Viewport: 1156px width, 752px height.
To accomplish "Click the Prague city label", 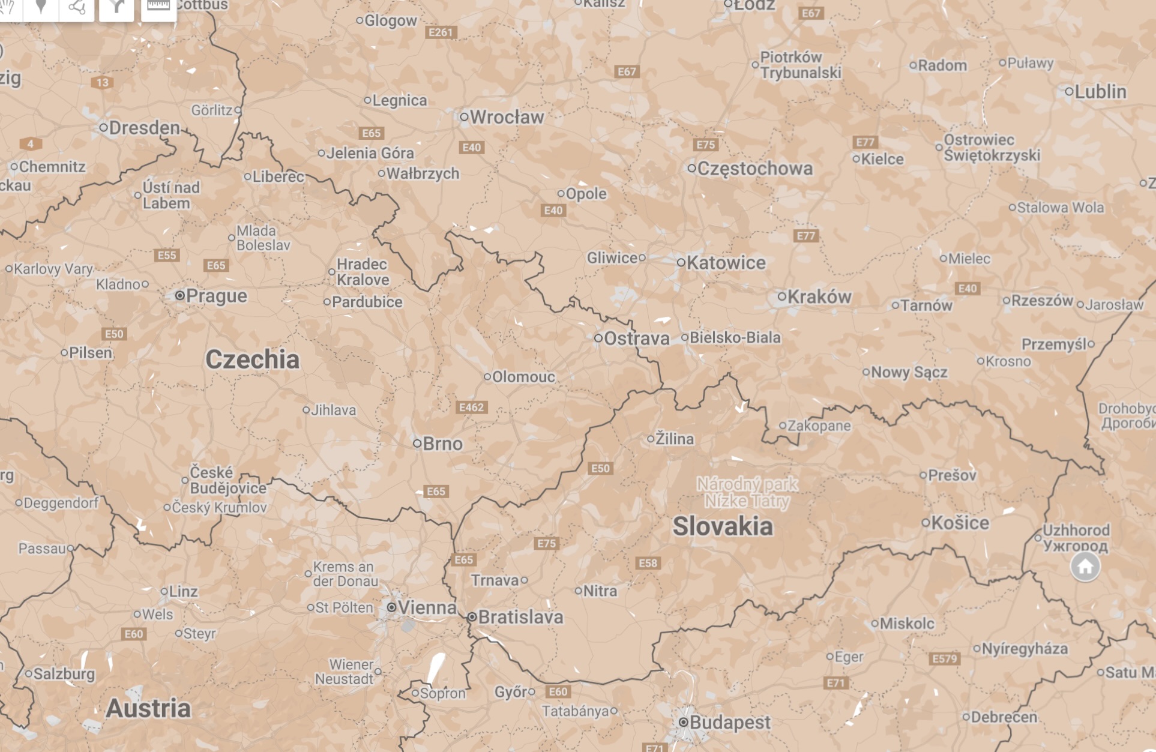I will click(x=216, y=296).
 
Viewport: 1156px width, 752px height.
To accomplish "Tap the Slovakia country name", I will click(x=722, y=526).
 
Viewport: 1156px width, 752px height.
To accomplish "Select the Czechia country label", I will click(x=252, y=359).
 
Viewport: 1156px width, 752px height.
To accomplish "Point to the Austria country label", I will click(x=148, y=708).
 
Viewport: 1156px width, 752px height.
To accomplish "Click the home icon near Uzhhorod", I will click(x=1085, y=567).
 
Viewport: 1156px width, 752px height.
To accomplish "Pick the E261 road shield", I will click(x=441, y=32).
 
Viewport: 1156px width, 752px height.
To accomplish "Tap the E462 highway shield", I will click(x=471, y=408).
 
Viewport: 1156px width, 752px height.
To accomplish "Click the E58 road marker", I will click(x=648, y=563).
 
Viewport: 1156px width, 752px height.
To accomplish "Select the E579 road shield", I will click(x=944, y=659).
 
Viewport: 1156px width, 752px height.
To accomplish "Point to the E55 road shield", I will click(x=167, y=256).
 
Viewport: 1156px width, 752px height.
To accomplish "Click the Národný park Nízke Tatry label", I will click(x=747, y=492).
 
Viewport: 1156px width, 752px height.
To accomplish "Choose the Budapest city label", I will click(x=729, y=722).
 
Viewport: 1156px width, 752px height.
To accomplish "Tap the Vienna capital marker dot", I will click(x=391, y=607).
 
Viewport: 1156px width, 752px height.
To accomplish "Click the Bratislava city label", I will click(x=520, y=617).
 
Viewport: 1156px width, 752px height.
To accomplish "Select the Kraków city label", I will click(x=819, y=296).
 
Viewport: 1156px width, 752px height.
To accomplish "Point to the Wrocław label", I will click(x=507, y=117).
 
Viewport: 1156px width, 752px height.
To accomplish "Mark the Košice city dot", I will click(x=926, y=523).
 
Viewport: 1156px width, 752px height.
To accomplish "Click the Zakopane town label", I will click(x=819, y=426).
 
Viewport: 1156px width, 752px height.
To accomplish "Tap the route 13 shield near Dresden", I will click(x=103, y=82).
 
